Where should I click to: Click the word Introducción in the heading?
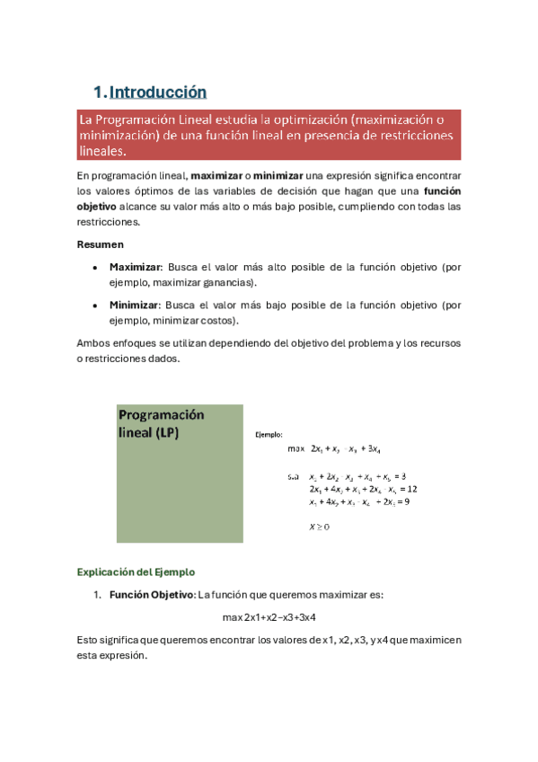157,92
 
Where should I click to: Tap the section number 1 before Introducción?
98,92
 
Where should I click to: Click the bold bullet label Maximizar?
136,268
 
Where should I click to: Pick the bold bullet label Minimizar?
135,305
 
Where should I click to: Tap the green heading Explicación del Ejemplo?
136,571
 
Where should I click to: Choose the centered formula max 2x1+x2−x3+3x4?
269,618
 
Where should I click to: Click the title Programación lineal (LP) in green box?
162,423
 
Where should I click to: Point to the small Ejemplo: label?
269,434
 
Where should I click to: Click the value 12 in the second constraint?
411,489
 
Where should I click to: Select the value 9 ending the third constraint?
407,502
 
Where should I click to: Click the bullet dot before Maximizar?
95,268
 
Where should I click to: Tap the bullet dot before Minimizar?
95,305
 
